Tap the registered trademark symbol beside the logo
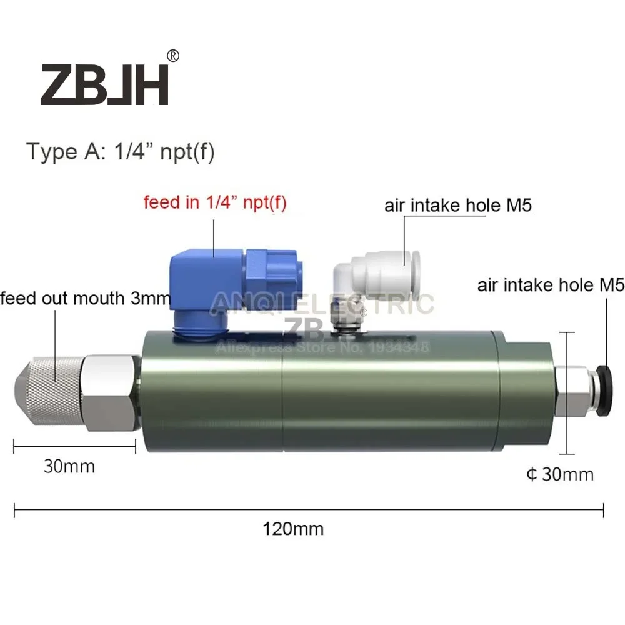174,56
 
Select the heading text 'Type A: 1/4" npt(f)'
120,152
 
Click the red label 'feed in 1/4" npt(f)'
215,204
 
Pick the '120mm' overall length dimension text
293,529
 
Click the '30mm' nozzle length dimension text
69,466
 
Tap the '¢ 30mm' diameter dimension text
559,475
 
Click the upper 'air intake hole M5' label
458,205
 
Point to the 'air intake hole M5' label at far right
551,286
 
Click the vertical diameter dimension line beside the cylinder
567,392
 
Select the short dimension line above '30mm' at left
74,445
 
